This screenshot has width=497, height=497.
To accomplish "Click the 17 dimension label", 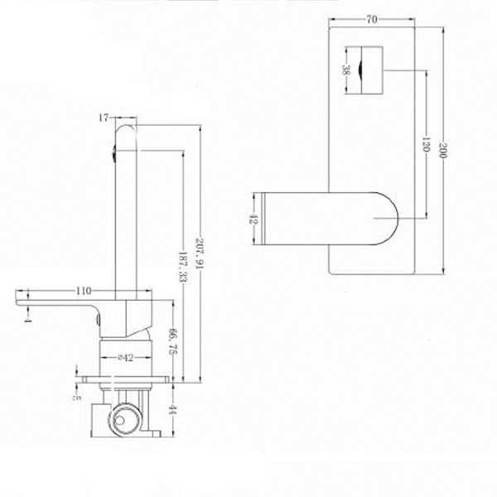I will (x=104, y=119).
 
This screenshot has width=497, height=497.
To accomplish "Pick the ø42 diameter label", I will (x=127, y=359).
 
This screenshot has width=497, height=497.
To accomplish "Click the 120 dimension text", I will (x=424, y=149).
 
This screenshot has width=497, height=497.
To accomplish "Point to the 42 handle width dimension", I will (x=253, y=220).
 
